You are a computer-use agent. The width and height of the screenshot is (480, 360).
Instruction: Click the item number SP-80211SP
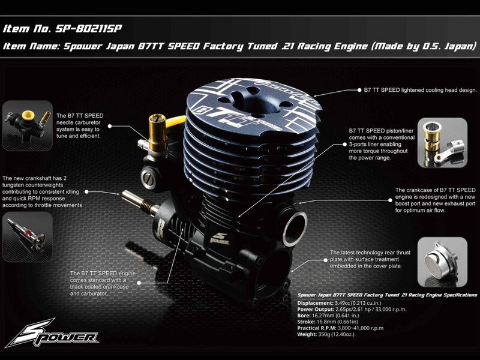(88, 29)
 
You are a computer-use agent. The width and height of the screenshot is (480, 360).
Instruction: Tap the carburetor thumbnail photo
(28, 125)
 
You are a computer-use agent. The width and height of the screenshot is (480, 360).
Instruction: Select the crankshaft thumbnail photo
(28, 236)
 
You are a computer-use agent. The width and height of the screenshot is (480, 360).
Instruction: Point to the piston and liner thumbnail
(442, 143)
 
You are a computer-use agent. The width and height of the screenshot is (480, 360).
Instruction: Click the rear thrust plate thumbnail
(442, 262)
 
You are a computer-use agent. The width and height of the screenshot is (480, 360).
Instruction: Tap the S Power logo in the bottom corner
(52, 333)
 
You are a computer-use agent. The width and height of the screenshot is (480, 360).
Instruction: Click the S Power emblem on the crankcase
(220, 238)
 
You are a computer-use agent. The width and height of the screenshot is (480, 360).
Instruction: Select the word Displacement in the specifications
(315, 303)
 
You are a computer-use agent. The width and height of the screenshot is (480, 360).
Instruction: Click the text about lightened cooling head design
(421, 90)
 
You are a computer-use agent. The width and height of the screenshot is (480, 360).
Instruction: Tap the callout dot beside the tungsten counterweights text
(86, 191)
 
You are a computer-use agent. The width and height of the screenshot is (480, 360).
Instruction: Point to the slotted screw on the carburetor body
(148, 178)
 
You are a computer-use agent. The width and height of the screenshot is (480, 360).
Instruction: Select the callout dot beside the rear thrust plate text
(325, 260)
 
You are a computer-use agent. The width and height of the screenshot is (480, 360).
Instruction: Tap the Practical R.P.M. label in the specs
(317, 328)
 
